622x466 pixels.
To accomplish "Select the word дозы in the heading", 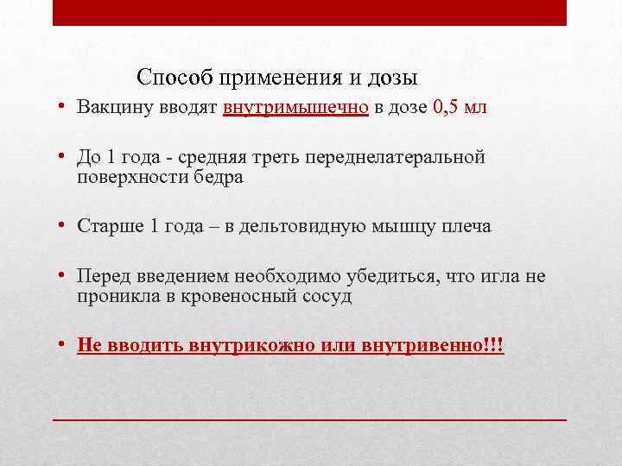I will (x=395, y=79).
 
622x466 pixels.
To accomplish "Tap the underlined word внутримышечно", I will (x=295, y=109).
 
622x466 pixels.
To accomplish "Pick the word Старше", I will (x=110, y=227).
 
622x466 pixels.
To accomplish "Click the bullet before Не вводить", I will (x=64, y=345).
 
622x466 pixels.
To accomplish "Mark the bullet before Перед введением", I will (x=64, y=276).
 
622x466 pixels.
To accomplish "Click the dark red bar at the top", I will (x=309, y=13).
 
